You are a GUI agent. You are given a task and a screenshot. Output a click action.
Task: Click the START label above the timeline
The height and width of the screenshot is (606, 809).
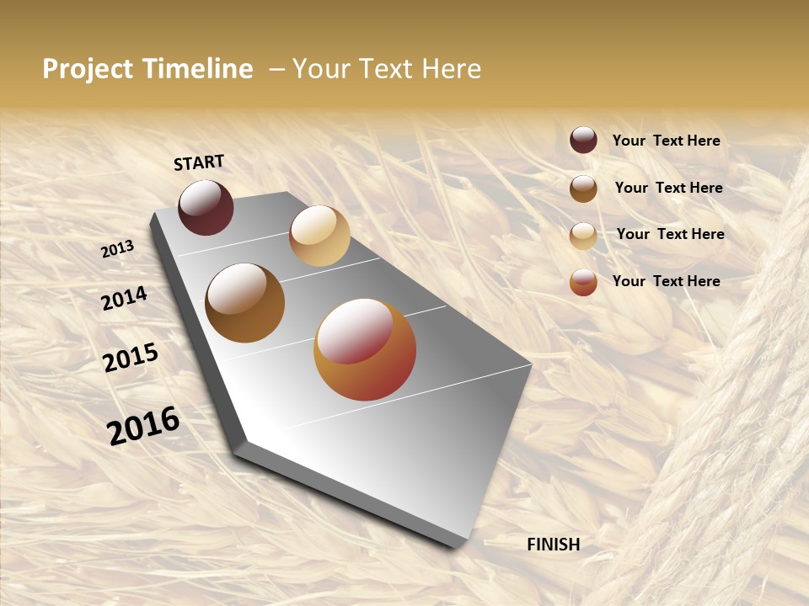point(199,162)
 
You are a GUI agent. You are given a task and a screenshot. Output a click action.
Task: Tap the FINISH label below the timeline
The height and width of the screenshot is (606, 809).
point(553,545)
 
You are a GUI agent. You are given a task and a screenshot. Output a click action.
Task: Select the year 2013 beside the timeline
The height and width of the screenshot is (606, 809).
point(117,249)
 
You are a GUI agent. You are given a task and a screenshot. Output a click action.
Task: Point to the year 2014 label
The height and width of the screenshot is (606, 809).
point(124,299)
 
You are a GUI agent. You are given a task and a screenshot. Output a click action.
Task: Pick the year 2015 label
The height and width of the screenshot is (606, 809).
point(130,358)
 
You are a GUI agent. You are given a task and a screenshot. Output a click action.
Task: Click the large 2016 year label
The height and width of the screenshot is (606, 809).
point(143,425)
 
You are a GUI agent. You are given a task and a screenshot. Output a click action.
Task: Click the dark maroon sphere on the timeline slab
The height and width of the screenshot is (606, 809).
point(206,207)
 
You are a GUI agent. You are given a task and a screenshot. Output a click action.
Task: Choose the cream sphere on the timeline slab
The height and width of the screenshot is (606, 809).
point(319,235)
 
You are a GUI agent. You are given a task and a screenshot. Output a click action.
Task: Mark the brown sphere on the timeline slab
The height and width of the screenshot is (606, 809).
point(244,302)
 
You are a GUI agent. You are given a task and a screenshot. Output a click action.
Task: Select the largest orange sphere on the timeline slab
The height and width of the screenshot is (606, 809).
point(365,349)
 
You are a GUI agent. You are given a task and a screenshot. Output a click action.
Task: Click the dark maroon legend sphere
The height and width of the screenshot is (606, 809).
point(583,140)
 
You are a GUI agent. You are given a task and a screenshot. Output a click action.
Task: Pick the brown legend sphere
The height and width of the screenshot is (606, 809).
point(583,189)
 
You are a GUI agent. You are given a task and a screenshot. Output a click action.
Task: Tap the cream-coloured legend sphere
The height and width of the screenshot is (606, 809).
point(583,236)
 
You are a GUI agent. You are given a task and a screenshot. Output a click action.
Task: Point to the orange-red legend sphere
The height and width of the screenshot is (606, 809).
point(583,283)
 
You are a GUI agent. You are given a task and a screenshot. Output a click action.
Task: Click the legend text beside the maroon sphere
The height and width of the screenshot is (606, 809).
point(666,141)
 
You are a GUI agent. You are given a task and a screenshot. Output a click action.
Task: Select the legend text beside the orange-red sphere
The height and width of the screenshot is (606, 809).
point(666,281)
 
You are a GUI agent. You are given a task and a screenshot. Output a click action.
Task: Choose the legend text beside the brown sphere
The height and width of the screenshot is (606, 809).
point(668,188)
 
